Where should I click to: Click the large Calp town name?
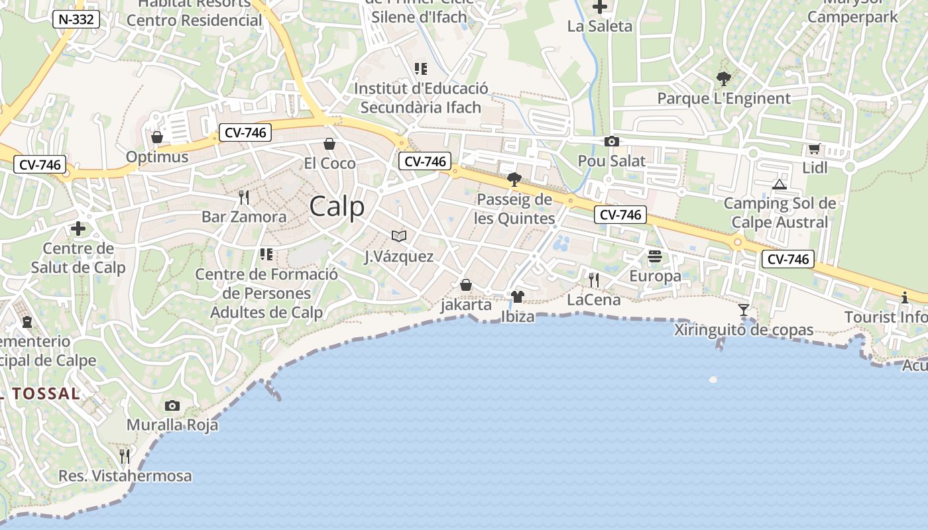tap(337, 207)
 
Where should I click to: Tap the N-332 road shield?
tap(76, 19)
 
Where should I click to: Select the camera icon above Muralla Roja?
tap(172, 405)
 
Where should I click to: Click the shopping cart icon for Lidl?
tap(814, 148)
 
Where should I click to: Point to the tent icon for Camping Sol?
tap(780, 184)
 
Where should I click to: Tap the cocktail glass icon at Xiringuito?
tap(744, 309)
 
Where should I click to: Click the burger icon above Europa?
tap(655, 256)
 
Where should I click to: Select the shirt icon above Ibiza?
tap(518, 296)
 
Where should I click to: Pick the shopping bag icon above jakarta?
tap(466, 285)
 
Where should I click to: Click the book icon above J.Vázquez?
tap(398, 236)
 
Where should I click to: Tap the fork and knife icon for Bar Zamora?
tap(244, 197)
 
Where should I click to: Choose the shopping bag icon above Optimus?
tap(157, 137)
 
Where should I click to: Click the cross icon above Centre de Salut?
tap(78, 229)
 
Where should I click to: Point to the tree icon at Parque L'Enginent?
tap(724, 79)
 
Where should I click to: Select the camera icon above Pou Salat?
tap(611, 141)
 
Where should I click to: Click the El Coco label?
tap(329, 163)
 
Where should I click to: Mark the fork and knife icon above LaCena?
tap(594, 280)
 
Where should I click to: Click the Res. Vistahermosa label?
tap(125, 476)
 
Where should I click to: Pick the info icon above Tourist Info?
tap(905, 297)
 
